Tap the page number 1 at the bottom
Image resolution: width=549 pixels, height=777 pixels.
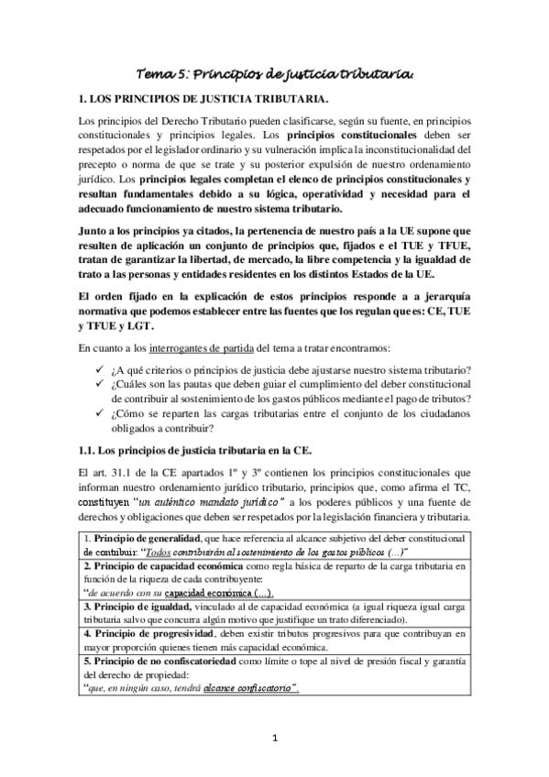[275, 739]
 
